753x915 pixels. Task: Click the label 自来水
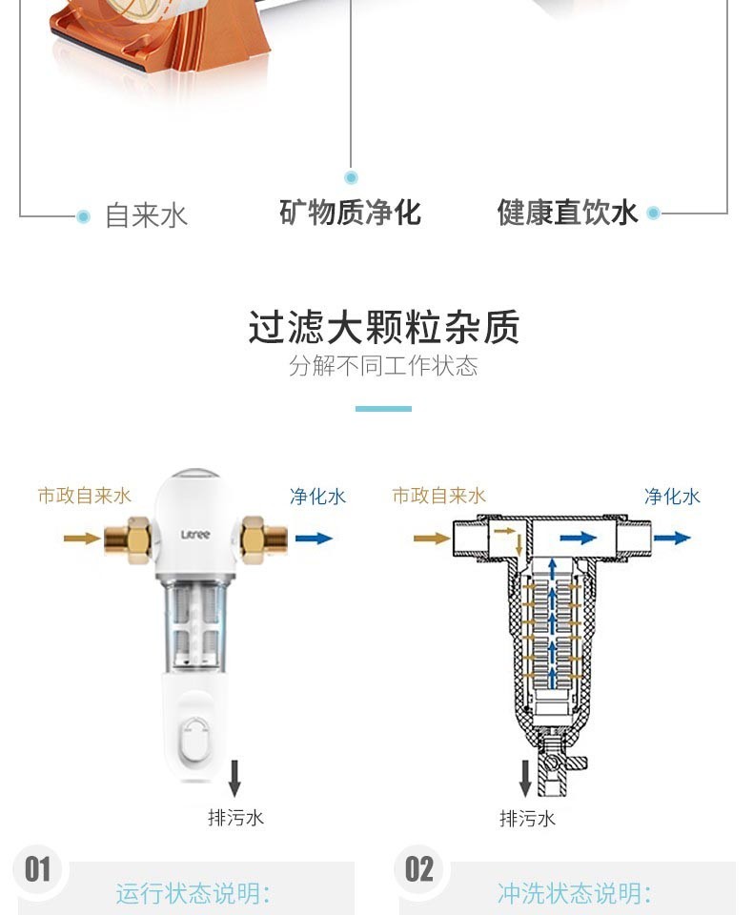[x=146, y=216]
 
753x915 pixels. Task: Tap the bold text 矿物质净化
[x=350, y=212]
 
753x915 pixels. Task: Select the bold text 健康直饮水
[x=567, y=212]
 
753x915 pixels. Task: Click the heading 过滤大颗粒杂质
[x=383, y=327]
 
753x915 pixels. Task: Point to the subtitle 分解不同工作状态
[x=383, y=366]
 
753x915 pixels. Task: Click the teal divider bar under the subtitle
[x=383, y=409]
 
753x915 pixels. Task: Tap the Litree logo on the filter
[x=195, y=535]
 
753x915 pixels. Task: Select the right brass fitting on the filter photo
[x=264, y=539]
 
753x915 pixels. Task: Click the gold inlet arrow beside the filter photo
[x=82, y=538]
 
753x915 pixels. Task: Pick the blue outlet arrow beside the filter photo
[x=314, y=538]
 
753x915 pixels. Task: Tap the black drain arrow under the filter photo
[x=234, y=778]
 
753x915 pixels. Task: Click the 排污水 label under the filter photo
[x=235, y=818]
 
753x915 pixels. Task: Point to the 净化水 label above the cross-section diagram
[x=672, y=497]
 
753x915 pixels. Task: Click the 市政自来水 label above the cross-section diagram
[x=439, y=496]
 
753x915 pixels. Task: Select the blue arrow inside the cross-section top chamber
[x=578, y=538]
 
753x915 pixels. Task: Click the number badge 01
[x=37, y=869]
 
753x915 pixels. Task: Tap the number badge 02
[x=419, y=869]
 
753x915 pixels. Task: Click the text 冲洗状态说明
[x=568, y=893]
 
